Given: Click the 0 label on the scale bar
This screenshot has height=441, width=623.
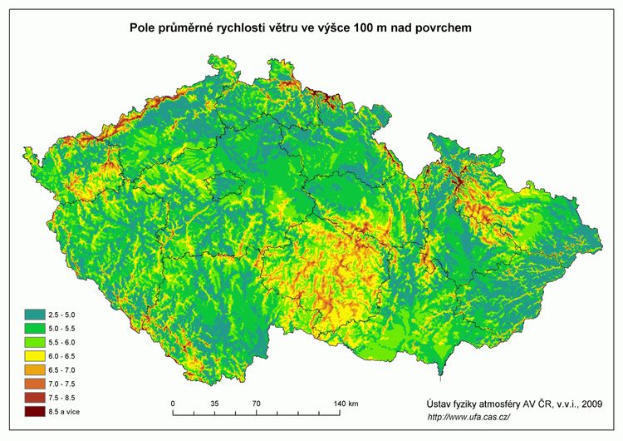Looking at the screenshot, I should tap(173, 404).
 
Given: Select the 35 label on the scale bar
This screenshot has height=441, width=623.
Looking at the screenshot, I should tap(214, 404).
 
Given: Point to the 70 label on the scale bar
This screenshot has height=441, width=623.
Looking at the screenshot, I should tap(256, 404).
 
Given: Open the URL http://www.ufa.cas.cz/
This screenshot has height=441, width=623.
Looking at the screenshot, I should tap(468, 417).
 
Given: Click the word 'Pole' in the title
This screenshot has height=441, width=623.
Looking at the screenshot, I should tap(144, 28).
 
